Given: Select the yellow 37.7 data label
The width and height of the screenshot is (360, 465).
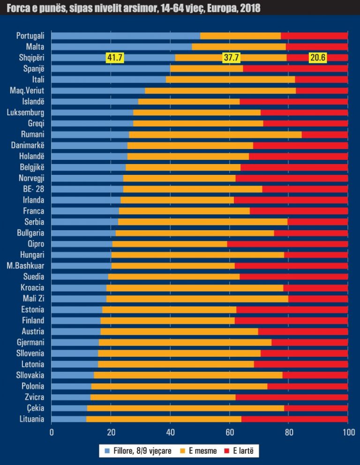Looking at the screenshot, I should pyautogui.click(x=231, y=58).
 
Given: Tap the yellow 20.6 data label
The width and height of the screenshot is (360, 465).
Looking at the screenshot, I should pyautogui.click(x=317, y=58).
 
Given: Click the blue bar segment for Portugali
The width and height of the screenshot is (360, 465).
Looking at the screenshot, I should pyautogui.click(x=126, y=36).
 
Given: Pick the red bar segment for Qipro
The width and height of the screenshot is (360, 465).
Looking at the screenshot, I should pyautogui.click(x=287, y=244).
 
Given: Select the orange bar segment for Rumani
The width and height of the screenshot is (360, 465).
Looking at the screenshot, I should pyautogui.click(x=215, y=135).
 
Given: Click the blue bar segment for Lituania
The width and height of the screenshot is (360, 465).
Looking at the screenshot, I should pyautogui.click(x=69, y=419).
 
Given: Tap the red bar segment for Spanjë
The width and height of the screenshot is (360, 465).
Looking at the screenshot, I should pyautogui.click(x=295, y=68).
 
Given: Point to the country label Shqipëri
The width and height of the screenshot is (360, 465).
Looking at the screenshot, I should pyautogui.click(x=30, y=58).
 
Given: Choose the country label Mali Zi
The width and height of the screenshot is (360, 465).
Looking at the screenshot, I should pyautogui.click(x=33, y=299).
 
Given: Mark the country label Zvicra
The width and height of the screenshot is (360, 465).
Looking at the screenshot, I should pyautogui.click(x=34, y=397).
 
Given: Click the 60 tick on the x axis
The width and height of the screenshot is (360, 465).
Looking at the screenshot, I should pyautogui.click(x=230, y=432).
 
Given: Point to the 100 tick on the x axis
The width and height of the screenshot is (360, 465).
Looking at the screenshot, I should pyautogui.click(x=348, y=432).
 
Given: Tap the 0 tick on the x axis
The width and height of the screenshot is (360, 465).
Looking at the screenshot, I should pyautogui.click(x=52, y=432).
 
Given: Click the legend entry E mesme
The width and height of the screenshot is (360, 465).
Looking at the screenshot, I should pyautogui.click(x=202, y=451).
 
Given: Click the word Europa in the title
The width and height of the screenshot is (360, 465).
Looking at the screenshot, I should pyautogui.click(x=225, y=8).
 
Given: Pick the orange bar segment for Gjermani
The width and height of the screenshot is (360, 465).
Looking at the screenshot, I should pyautogui.click(x=185, y=342).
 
